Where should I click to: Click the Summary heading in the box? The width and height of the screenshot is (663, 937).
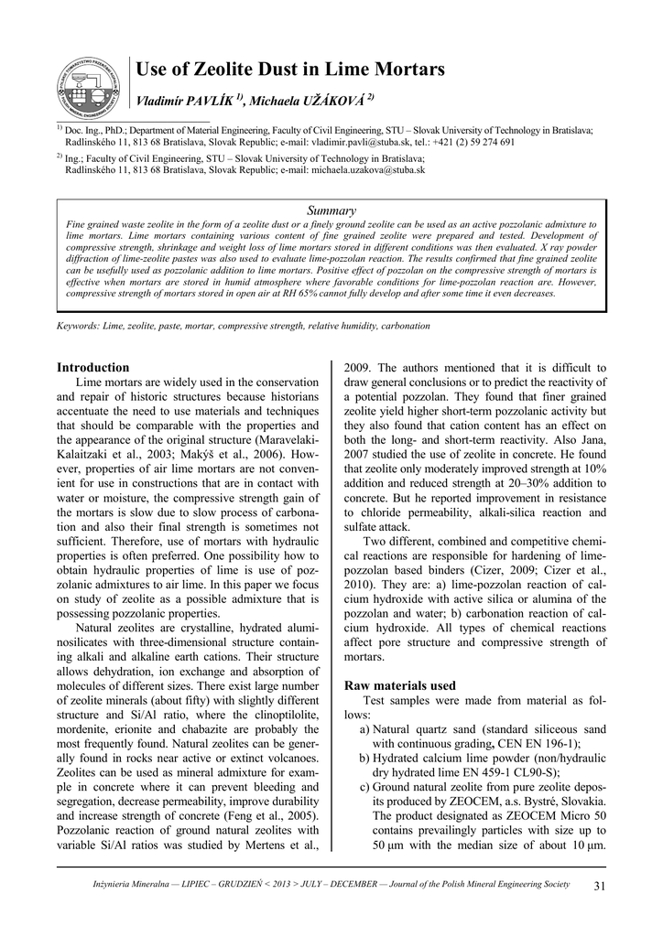point(331,210)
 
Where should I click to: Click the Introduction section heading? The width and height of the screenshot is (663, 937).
point(93,368)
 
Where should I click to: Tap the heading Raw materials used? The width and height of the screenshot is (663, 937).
point(398,685)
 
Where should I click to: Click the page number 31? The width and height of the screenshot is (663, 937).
point(601,885)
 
